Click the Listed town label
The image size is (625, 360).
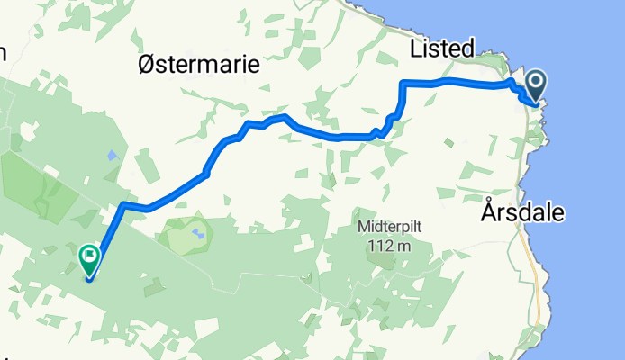click(441, 49)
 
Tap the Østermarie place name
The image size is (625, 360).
click(198, 66)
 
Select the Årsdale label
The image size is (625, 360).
click(522, 214)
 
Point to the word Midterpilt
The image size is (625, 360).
click(390, 227)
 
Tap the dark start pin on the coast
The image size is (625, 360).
click(535, 87)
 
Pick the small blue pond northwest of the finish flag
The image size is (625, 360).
click(111, 155)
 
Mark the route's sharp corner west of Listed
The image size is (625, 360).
click(403, 84)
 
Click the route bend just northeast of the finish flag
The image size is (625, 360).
click(123, 206)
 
